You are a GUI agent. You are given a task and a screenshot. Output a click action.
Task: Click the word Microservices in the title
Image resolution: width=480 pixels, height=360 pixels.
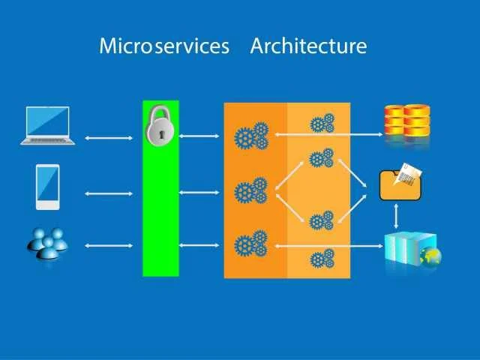pyautogui.click(x=163, y=46)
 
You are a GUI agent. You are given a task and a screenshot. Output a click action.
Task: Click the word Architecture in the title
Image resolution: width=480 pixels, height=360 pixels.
pyautogui.click(x=308, y=46)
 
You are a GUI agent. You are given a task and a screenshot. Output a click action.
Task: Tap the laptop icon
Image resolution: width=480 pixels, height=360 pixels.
pyautogui.click(x=48, y=124)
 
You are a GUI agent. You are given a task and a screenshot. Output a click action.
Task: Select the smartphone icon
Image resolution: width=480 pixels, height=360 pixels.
pyautogui.click(x=47, y=187)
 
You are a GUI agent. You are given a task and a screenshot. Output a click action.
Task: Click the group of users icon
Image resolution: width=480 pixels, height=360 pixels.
pyautogui.click(x=46, y=244)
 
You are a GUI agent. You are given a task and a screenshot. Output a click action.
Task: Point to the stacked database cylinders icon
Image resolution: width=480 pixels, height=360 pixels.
pyautogui.click(x=407, y=121)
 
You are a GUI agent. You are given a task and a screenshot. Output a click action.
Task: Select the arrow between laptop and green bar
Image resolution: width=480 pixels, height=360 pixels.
pyautogui.click(x=108, y=138)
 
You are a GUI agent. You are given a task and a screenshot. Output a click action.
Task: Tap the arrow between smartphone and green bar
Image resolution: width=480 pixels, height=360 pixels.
pyautogui.click(x=108, y=193)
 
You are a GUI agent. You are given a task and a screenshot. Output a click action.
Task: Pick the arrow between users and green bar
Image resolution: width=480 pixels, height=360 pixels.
pyautogui.click(x=108, y=245)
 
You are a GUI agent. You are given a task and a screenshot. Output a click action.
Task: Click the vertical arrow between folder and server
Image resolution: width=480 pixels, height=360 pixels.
pyautogui.click(x=396, y=216)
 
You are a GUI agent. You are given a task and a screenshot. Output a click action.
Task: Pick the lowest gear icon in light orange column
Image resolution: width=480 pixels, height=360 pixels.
pyautogui.click(x=322, y=259)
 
